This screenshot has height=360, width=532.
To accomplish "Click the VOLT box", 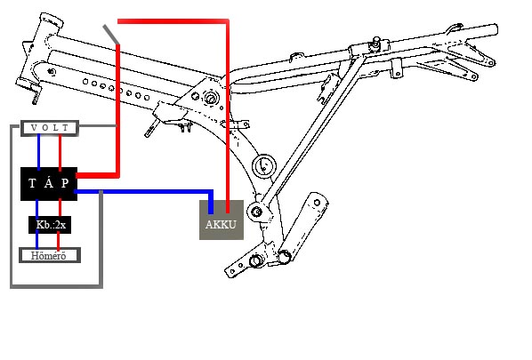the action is pos(50,128).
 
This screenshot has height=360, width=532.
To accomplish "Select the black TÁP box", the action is pos(49,184).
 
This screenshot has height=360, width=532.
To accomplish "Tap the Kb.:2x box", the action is pos(50,225).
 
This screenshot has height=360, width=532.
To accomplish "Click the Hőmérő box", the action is pos(50,255).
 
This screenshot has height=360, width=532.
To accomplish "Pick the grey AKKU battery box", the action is pos(222,220).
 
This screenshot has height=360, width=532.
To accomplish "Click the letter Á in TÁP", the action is pos(49,183).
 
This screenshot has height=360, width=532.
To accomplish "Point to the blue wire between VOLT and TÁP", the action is pos(38,152).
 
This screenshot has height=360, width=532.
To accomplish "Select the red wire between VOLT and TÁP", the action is pos(60,152).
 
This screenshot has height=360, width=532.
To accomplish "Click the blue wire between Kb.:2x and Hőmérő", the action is pos(37,241).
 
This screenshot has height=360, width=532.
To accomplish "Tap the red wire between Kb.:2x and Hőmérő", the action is pos(59,241).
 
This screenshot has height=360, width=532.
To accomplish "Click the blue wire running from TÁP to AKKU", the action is pos(142,192).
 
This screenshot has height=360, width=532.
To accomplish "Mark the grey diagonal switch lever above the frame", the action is pos(111,35).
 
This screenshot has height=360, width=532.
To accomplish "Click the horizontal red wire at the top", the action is pos(173,21).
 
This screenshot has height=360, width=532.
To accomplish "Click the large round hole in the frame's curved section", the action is pos(264,165).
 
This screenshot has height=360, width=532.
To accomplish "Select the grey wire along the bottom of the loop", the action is pos(56,287).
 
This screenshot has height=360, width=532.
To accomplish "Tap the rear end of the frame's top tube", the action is pos(496,29).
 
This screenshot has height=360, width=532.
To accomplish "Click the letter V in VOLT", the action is pos(34,128).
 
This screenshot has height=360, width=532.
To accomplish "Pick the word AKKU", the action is pos(221,224).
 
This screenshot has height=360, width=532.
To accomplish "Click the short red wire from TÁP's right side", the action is pos(98,175).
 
